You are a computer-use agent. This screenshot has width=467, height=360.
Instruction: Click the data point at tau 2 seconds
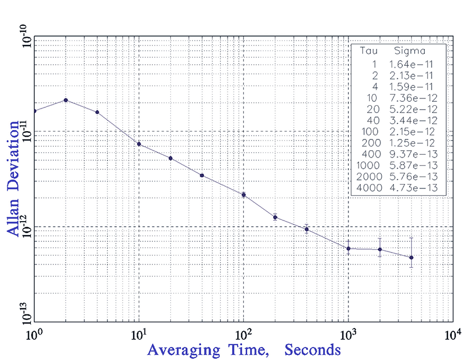[x=66, y=100]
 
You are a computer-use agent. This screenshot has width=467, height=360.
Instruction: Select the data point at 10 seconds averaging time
[x=139, y=144]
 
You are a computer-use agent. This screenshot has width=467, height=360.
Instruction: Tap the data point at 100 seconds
[x=244, y=195]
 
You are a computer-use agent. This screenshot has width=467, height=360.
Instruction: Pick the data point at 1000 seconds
[x=348, y=249]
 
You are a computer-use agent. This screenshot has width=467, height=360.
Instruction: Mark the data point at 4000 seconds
[x=411, y=258]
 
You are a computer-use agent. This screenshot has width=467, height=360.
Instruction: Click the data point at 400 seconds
[x=306, y=229]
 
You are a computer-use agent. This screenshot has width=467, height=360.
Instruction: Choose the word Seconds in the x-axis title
[x=312, y=350]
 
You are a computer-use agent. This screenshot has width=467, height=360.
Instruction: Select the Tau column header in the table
[x=366, y=52]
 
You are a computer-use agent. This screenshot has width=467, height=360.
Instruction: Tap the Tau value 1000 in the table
[x=365, y=165]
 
